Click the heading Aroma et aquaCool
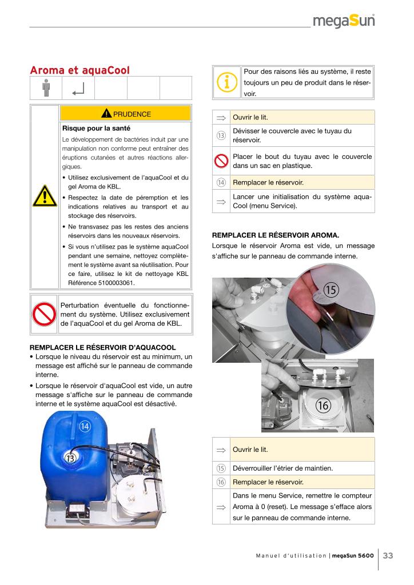click(79, 70)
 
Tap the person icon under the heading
click(46, 87)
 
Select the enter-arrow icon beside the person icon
click(78, 89)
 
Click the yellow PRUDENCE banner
click(125, 114)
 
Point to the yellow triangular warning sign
click(44, 197)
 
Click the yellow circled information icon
click(227, 82)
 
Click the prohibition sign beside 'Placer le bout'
click(221, 161)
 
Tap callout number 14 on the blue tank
click(85, 426)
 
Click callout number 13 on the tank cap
click(70, 458)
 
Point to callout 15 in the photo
click(331, 290)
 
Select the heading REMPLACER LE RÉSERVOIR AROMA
click(275, 234)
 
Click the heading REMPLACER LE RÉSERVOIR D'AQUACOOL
click(102, 347)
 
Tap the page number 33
click(388, 556)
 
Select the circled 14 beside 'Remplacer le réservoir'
click(221, 183)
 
